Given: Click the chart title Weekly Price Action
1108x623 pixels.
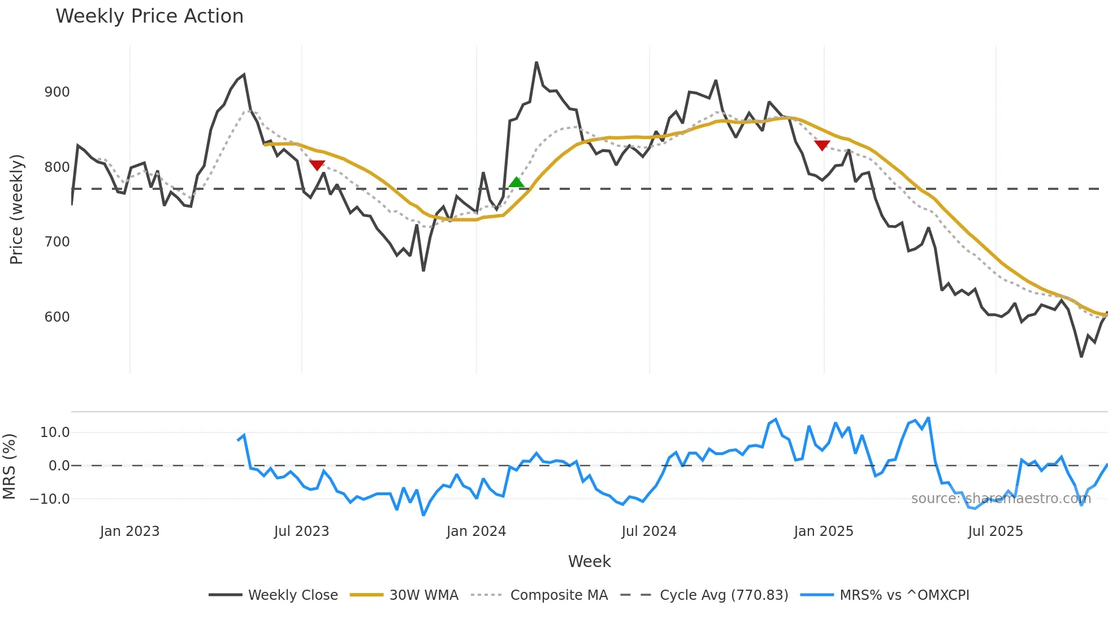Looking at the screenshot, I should (x=149, y=16).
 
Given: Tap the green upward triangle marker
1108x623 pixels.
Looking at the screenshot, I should (x=516, y=182).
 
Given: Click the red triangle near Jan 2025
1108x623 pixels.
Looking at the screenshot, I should (x=822, y=145).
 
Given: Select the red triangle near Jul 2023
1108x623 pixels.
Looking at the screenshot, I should (x=317, y=165).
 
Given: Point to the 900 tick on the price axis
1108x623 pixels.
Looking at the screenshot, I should (x=57, y=92).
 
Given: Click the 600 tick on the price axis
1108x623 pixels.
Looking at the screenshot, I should (x=57, y=317).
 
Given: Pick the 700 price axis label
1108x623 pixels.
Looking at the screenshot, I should (x=57, y=242).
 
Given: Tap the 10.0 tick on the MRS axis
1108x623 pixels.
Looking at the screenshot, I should (x=55, y=432).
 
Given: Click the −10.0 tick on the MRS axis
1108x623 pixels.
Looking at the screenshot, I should (x=50, y=499).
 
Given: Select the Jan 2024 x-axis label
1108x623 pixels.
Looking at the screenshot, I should (x=476, y=531).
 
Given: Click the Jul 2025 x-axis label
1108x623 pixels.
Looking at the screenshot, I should (x=995, y=531).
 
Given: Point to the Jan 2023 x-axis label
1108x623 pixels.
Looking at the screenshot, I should (x=129, y=531).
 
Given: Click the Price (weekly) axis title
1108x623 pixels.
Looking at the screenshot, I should (x=16, y=209).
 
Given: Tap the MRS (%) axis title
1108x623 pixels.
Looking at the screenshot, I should (x=9, y=466).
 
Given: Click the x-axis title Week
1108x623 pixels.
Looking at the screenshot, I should (x=589, y=561).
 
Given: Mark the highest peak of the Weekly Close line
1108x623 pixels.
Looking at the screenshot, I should (x=536, y=63).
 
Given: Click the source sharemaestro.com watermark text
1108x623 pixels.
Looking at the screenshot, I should (x=1001, y=499).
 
